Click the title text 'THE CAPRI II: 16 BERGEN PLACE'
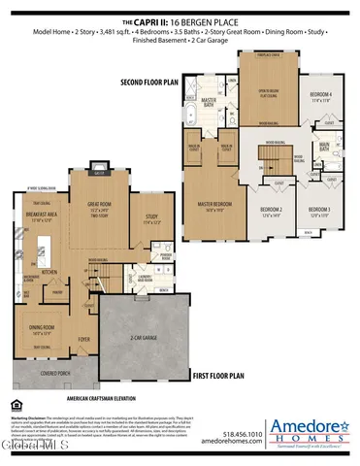[180, 19]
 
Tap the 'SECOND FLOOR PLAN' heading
[151, 83]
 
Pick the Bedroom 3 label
[319, 209]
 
